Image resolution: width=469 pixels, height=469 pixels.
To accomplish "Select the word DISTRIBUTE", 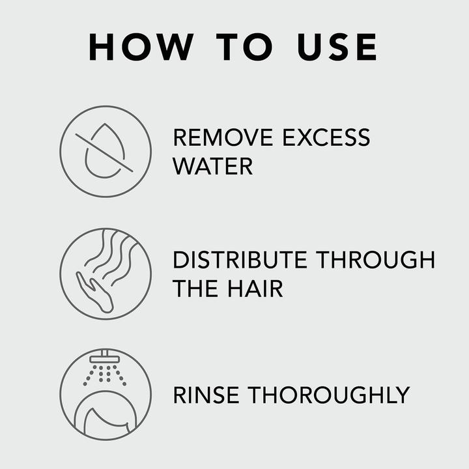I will click(x=240, y=260).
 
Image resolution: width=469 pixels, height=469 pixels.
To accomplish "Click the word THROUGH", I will click(x=376, y=260).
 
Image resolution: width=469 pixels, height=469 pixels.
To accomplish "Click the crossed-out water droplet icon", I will click(x=106, y=151).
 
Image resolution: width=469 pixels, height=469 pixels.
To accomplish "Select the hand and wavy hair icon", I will click(x=106, y=274).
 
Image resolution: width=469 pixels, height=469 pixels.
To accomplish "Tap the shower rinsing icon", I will click(x=106, y=394).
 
